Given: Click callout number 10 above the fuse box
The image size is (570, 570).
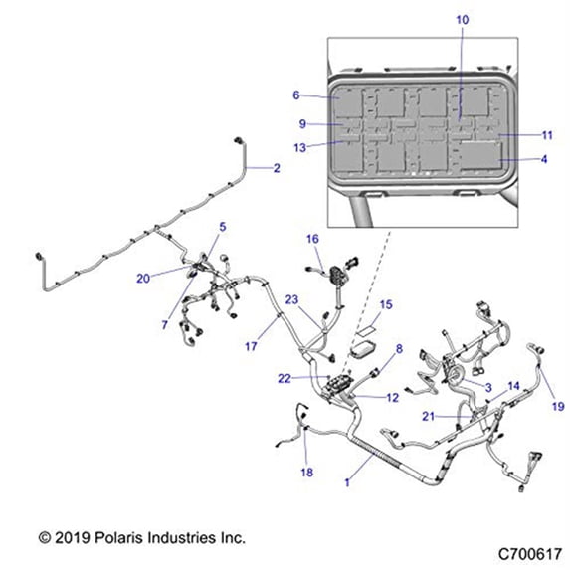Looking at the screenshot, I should click(461, 20).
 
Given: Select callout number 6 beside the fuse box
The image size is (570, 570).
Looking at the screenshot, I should click(296, 95).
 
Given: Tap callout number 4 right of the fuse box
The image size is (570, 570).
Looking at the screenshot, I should click(543, 159).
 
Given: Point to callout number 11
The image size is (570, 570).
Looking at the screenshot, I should click(546, 135).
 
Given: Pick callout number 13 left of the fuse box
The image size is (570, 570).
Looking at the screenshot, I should click(299, 148).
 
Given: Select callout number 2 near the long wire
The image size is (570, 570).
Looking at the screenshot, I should click(277, 169).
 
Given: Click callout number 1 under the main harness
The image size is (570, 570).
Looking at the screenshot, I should click(345, 481).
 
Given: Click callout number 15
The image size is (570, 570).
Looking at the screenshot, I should click(387, 304).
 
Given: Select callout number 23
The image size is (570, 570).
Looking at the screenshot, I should click(292, 299).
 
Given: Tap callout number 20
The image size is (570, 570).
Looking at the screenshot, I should click(144, 279).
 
